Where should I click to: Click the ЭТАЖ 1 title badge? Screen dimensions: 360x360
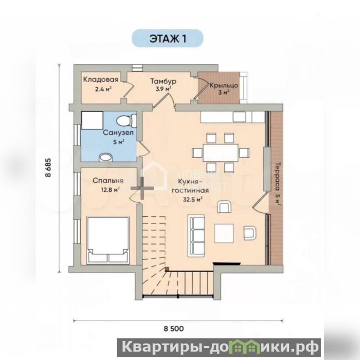(167, 38)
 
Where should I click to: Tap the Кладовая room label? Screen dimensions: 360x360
(100, 79)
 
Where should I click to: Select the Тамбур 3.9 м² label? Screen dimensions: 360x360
(163, 85)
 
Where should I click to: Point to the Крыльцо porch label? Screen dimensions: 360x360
(223, 86)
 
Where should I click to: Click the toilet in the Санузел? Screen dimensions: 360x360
(126, 120)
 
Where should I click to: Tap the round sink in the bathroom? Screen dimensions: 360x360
(105, 158)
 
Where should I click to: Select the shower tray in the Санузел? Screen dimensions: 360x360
(92, 120)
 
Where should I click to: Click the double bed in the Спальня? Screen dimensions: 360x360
(108, 240)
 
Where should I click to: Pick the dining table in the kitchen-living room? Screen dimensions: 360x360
(220, 153)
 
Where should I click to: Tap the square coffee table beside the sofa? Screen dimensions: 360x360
(224, 233)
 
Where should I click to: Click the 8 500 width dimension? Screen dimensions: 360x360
(174, 328)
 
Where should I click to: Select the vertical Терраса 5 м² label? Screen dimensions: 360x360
(278, 183)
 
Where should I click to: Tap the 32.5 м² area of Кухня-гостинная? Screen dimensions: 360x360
(192, 199)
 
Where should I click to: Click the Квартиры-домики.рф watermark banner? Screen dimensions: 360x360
(219, 347)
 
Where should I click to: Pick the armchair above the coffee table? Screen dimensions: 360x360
(224, 206)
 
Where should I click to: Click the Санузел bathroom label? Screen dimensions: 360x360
(118, 132)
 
